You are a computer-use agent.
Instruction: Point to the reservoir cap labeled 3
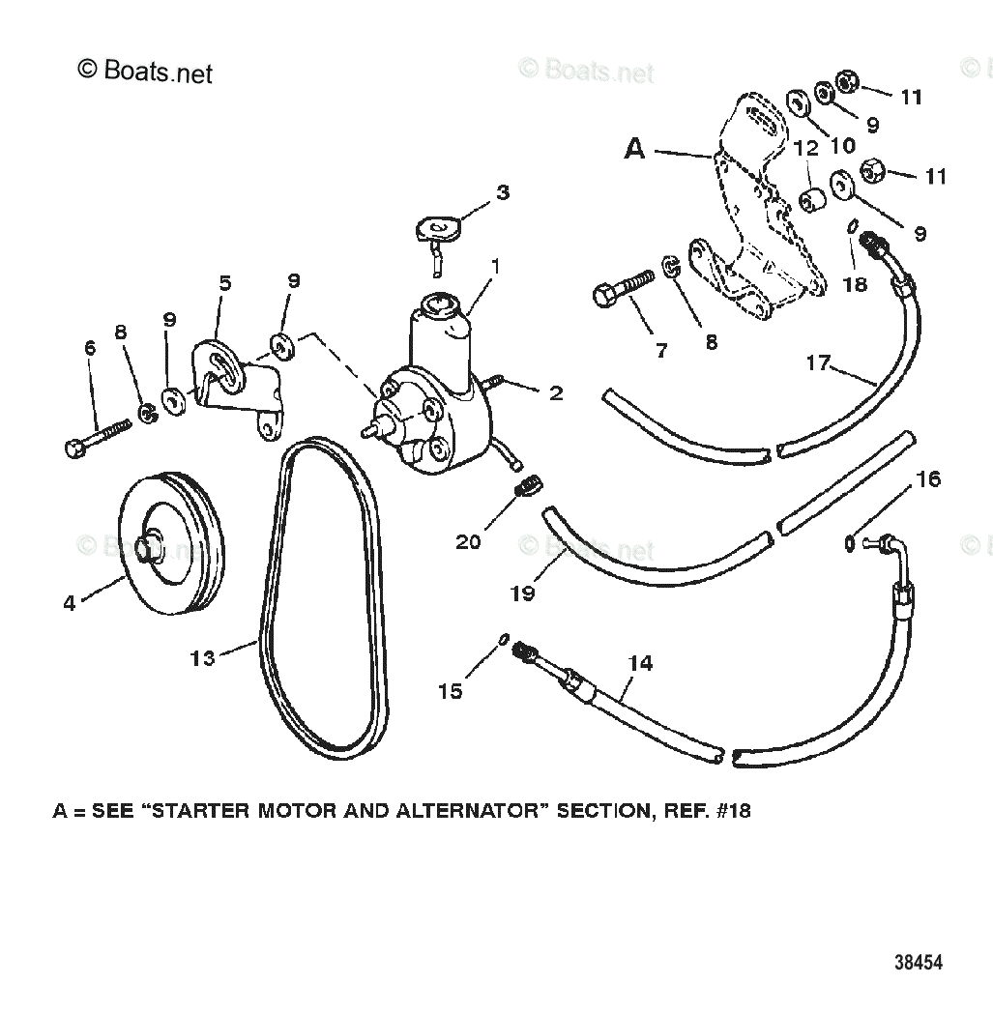[x=433, y=229]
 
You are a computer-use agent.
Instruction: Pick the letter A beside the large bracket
[x=634, y=149]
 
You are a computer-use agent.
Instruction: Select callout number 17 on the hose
[x=818, y=362]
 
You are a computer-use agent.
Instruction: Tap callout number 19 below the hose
[x=522, y=593]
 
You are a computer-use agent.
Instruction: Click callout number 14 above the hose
[x=640, y=663]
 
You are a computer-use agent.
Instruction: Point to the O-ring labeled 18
[x=853, y=227]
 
